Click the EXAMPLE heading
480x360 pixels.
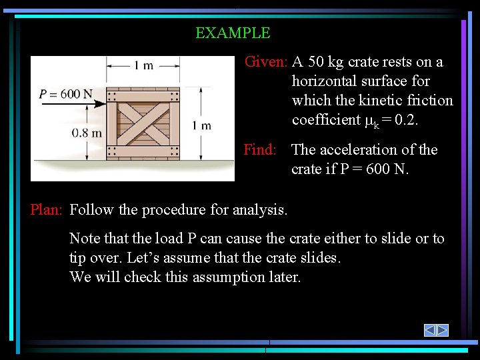tap(233, 33)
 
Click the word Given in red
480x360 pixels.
tap(265, 62)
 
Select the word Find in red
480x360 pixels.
tap(259, 149)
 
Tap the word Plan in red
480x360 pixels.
tap(45, 210)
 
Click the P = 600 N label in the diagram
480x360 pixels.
tap(66, 94)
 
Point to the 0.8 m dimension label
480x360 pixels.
tap(87, 133)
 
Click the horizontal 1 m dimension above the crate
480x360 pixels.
tap(143, 65)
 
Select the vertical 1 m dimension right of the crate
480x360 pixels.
tap(201, 125)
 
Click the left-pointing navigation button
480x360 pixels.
tap(430, 330)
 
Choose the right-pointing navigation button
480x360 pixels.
tap(442, 330)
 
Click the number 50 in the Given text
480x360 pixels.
tap(317, 62)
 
